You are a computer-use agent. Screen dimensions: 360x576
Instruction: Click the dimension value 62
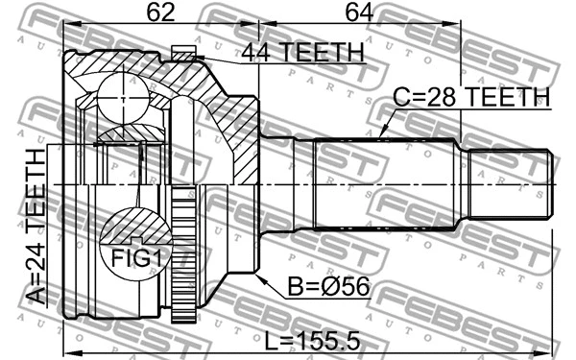161,14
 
